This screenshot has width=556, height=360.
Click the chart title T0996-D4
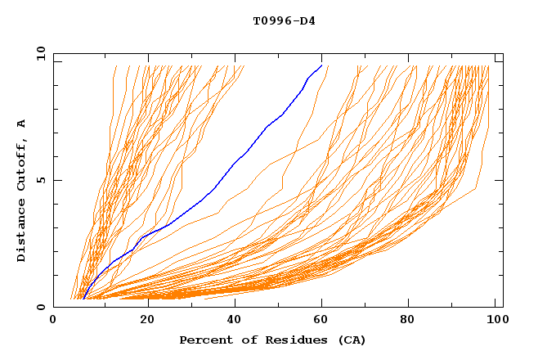tap(284, 20)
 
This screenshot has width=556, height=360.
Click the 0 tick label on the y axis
tap(40, 308)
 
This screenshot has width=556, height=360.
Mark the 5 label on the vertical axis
tap(40, 180)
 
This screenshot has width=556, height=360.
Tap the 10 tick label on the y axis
tap(38, 52)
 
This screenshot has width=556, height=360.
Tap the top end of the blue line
tap(321, 65)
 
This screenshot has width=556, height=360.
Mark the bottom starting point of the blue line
tap(83, 299)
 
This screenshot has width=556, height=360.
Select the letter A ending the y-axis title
tap(21, 124)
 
